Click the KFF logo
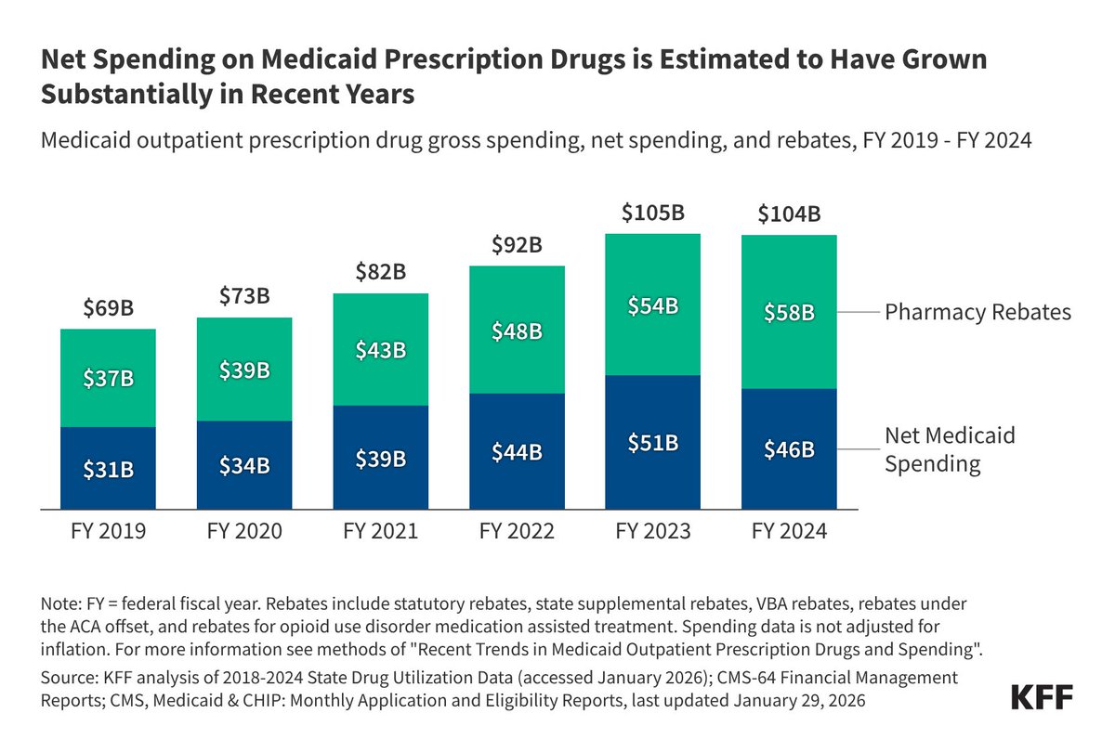point(1041,697)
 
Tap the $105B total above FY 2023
point(652,214)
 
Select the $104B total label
point(789,215)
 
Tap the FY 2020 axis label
point(243,532)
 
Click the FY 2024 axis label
point(789,532)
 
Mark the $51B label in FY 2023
point(652,443)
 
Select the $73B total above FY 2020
point(243,297)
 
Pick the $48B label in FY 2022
point(516,331)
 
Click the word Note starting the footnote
point(58,603)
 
